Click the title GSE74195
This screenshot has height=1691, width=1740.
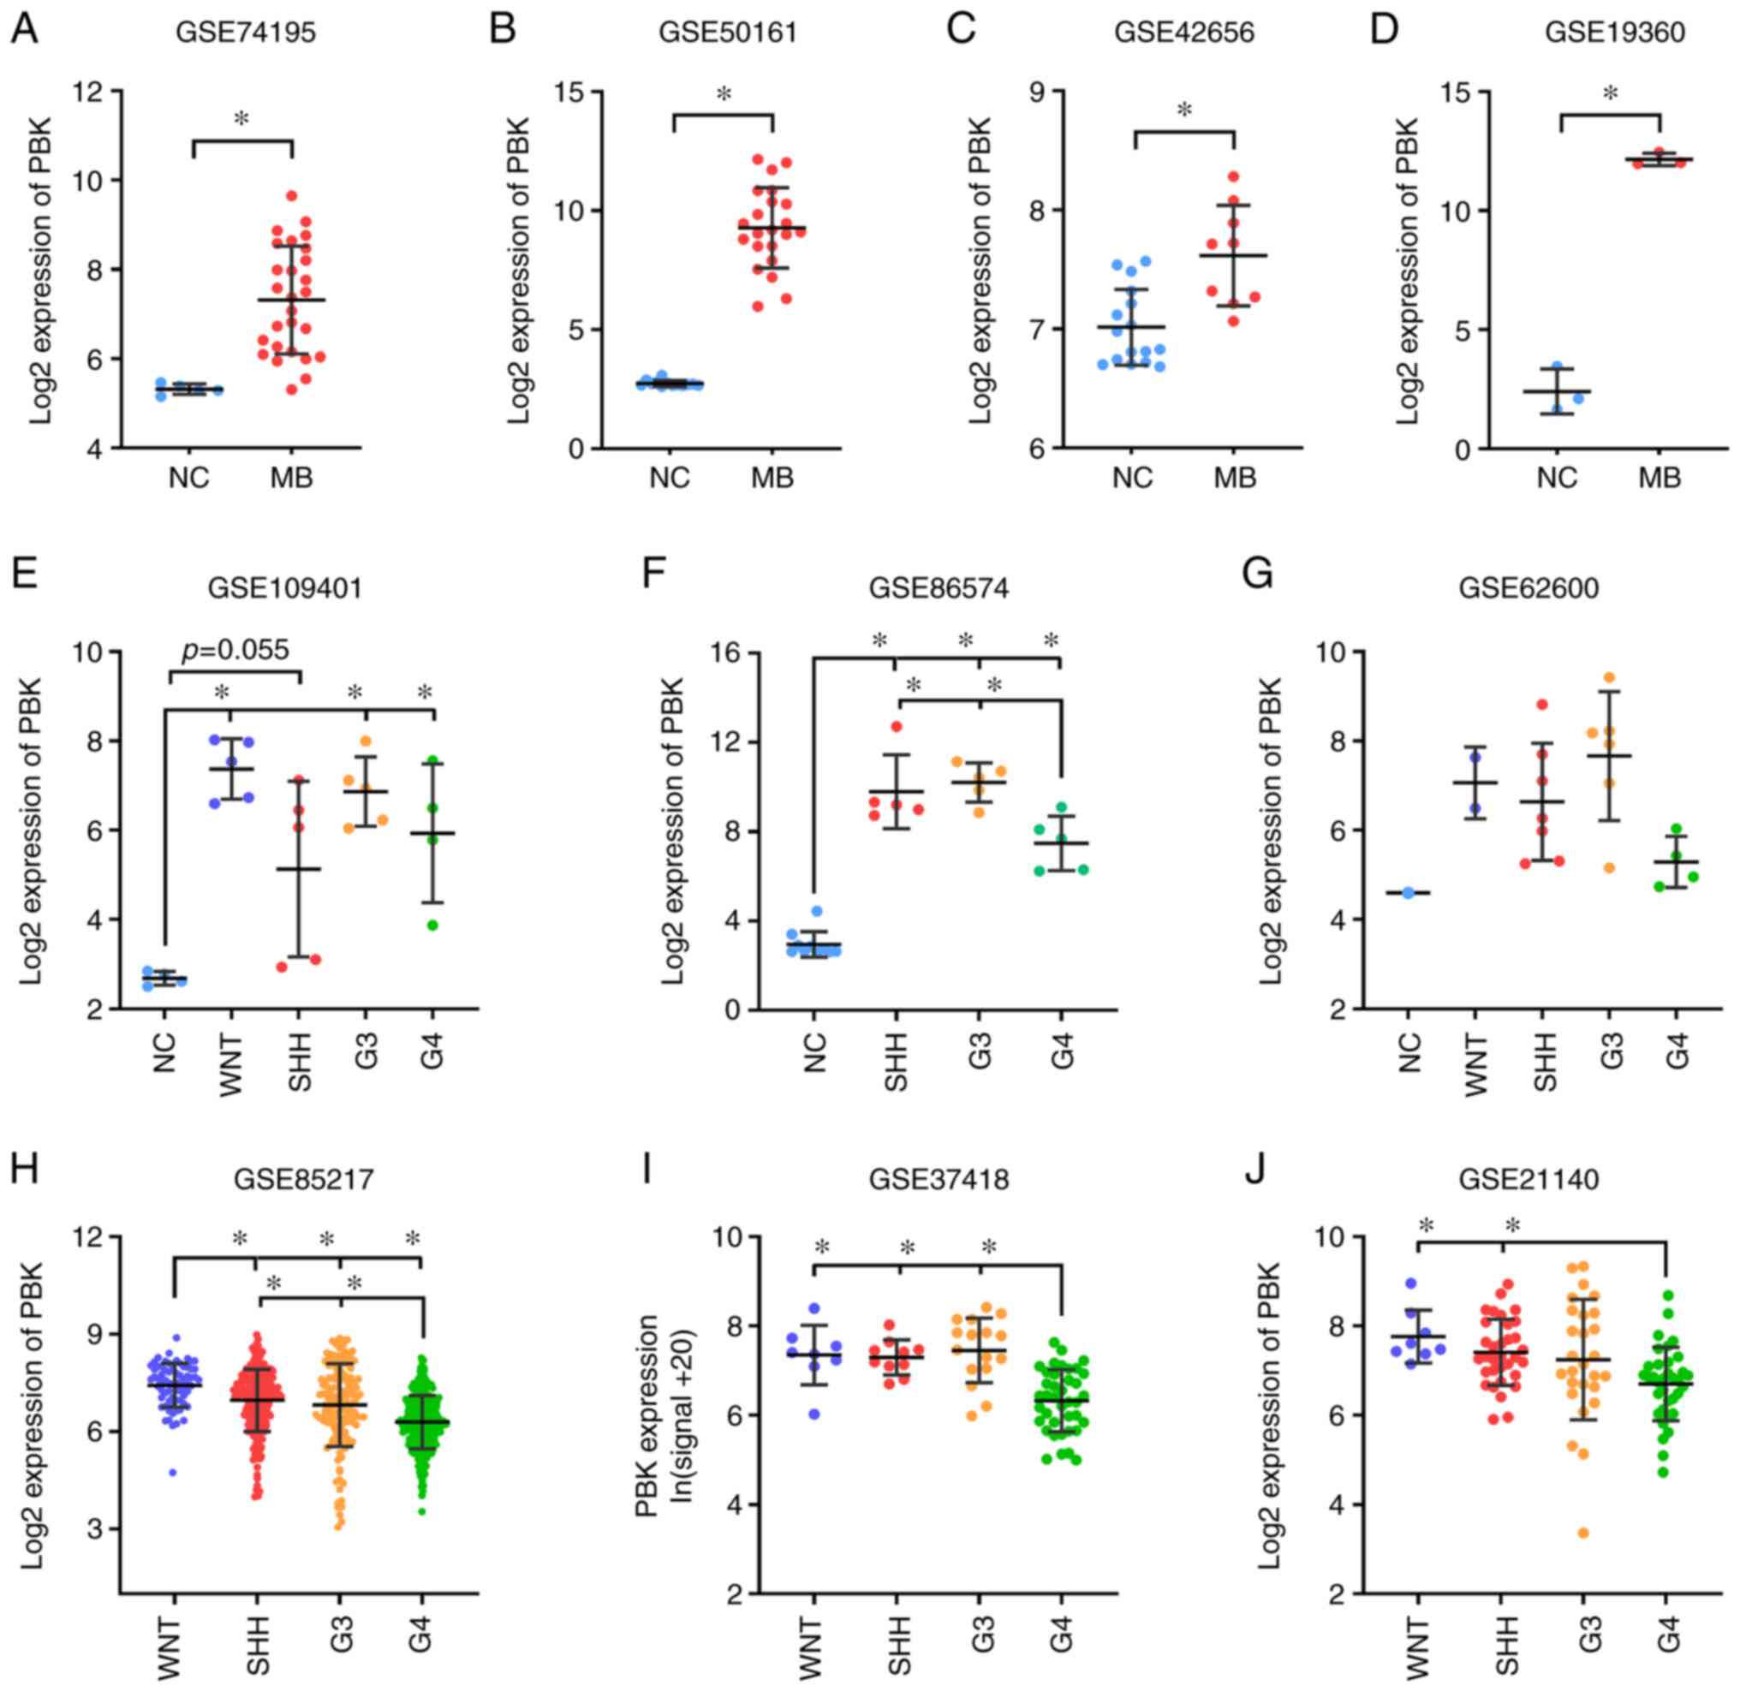[245, 33]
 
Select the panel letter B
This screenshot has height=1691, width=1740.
[503, 28]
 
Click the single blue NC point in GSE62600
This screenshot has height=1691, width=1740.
[1408, 892]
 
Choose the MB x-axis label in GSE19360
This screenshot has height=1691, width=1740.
[1660, 478]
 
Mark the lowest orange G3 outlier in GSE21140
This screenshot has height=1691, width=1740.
[1582, 1533]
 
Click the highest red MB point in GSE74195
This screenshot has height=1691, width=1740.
[291, 196]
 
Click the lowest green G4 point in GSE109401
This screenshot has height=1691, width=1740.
[432, 925]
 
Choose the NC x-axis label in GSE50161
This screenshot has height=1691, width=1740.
[669, 478]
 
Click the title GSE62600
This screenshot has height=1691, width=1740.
[1528, 588]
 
